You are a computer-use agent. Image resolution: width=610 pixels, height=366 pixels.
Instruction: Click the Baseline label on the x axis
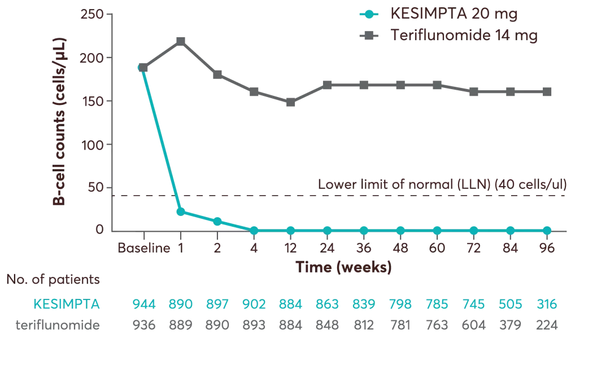(143, 248)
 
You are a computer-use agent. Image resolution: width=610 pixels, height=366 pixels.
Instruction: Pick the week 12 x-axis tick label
(290, 248)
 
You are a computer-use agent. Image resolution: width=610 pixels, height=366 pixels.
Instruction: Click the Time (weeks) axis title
(344, 267)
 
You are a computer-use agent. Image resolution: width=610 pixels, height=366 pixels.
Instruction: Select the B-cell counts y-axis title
(59, 121)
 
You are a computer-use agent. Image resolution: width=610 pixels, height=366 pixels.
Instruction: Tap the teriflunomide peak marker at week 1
(180, 41)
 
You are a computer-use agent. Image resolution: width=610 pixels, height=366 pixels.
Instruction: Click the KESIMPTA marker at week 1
(180, 211)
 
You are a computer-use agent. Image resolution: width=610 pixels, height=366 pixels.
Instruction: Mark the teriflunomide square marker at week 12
(290, 103)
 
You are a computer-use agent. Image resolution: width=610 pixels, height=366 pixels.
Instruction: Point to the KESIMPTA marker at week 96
(547, 230)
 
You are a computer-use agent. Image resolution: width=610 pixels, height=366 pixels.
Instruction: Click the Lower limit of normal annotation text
(442, 184)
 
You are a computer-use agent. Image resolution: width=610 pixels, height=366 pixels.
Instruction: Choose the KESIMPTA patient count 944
(143, 305)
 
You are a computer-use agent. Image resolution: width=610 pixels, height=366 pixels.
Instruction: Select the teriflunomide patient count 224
(547, 325)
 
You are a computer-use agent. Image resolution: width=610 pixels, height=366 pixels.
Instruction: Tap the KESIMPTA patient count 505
(510, 305)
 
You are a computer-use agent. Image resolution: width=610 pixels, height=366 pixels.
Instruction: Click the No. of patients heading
(53, 280)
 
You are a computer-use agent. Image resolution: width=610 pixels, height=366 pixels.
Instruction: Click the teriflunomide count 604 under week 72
(473, 325)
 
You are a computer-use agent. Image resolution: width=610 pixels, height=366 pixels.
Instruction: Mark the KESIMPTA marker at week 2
(217, 221)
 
